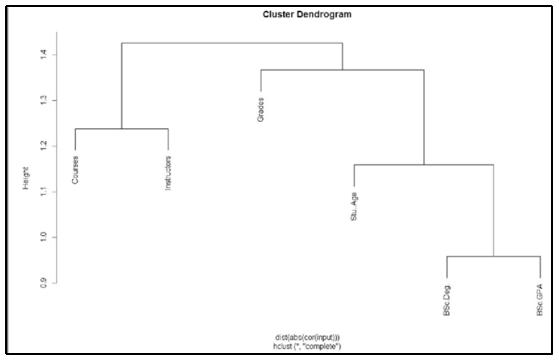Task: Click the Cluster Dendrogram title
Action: pyautogui.click(x=307, y=14)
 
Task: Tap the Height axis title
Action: pyautogui.click(x=26, y=178)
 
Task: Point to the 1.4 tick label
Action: pyautogui.click(x=43, y=55)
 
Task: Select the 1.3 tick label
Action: pyautogui.click(x=43, y=100)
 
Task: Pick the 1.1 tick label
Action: pyautogui.click(x=43, y=192)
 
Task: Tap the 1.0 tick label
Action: pyautogui.click(x=43, y=237)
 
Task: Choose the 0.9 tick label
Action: pyautogui.click(x=43, y=283)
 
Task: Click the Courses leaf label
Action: pyautogui.click(x=75, y=170)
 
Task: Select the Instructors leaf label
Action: pyautogui.click(x=168, y=173)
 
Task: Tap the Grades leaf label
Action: pyautogui.click(x=261, y=109)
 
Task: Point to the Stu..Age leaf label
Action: pyautogui.click(x=354, y=206)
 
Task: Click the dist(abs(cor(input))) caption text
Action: pyautogui.click(x=307, y=337)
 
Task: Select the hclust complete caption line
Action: pyautogui.click(x=307, y=347)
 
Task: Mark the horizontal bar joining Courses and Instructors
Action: pyautogui.click(x=122, y=129)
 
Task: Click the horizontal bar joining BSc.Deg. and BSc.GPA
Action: pyautogui.click(x=493, y=256)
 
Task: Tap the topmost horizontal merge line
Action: pyautogui.click(x=232, y=43)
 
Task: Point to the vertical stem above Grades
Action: pyautogui.click(x=261, y=81)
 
